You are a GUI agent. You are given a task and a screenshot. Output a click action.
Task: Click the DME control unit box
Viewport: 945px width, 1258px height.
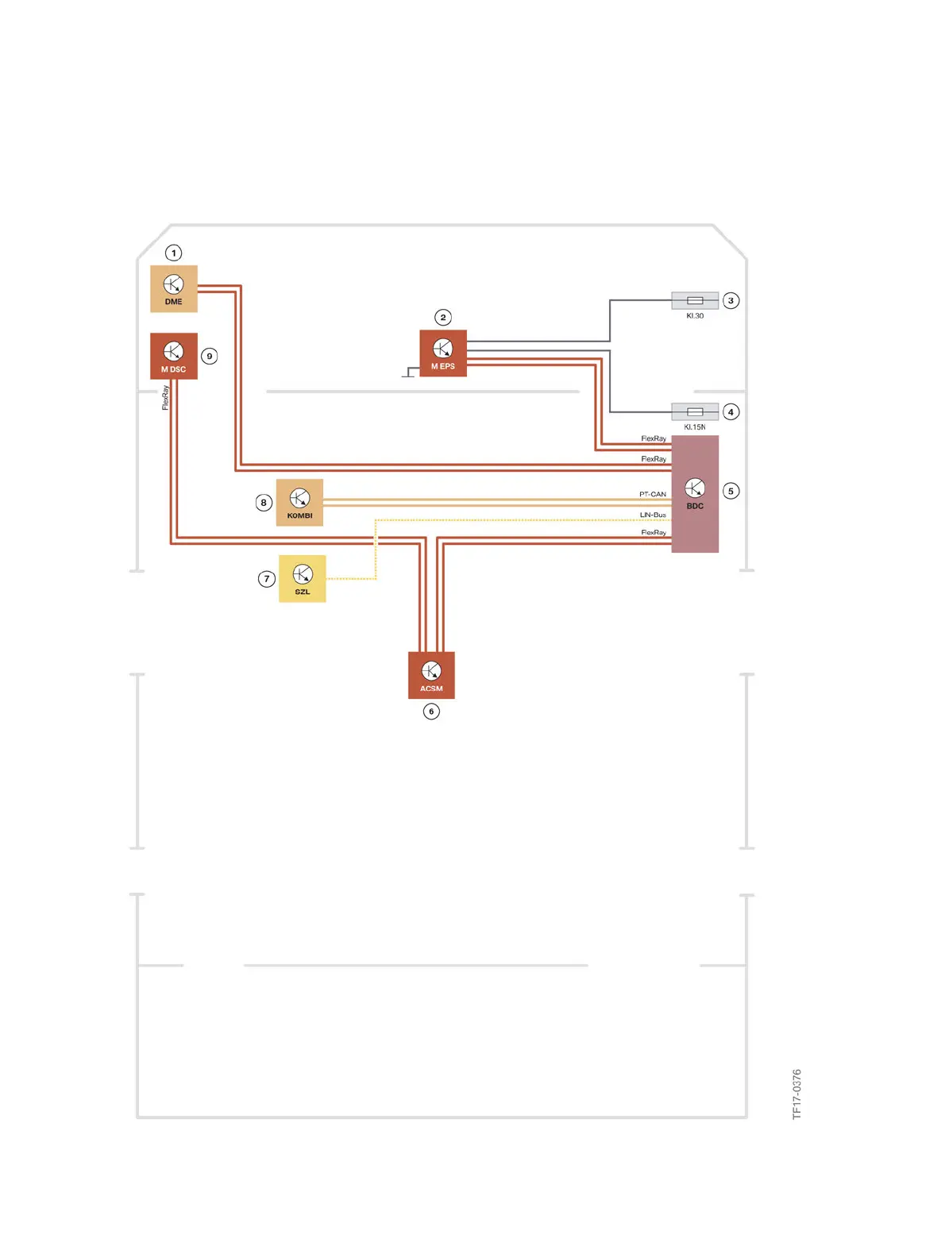click(x=173, y=288)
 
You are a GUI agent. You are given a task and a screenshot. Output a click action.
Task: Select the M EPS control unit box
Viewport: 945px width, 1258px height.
click(x=442, y=353)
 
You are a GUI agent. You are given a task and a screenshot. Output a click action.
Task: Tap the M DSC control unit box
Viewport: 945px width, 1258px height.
click(x=173, y=356)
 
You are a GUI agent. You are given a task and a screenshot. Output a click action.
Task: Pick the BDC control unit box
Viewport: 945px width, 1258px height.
click(x=695, y=493)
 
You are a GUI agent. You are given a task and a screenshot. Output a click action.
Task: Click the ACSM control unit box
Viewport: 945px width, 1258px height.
click(x=431, y=675)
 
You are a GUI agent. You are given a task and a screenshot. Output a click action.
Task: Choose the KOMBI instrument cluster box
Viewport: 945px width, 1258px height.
click(x=299, y=502)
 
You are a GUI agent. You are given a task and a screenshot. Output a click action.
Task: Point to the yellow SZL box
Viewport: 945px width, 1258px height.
click(x=302, y=578)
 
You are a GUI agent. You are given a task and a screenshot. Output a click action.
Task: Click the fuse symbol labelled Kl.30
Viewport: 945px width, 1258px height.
click(x=695, y=300)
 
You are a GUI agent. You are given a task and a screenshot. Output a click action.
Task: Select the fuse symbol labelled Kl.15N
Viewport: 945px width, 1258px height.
click(x=695, y=411)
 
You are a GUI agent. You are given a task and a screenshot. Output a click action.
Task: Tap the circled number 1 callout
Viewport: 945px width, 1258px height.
click(x=173, y=253)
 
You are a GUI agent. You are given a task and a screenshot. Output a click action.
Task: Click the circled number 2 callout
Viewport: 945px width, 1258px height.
click(x=443, y=317)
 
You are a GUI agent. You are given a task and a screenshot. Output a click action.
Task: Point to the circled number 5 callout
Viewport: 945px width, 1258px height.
click(x=731, y=491)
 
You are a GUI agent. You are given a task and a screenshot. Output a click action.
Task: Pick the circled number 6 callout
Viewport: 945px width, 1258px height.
click(x=431, y=711)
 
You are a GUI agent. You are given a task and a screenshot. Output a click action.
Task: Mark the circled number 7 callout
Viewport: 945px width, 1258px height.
click(x=266, y=579)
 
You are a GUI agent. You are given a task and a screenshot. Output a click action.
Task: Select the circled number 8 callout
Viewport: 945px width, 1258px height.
click(x=264, y=502)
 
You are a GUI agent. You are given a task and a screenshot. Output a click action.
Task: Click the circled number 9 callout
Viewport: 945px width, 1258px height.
click(x=210, y=356)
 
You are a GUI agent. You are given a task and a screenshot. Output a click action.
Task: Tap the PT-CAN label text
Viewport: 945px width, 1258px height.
click(x=653, y=494)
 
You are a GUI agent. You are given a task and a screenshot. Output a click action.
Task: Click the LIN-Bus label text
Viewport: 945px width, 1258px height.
click(x=653, y=515)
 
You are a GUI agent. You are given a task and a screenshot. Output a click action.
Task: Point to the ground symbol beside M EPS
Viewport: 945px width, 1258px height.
click(x=409, y=372)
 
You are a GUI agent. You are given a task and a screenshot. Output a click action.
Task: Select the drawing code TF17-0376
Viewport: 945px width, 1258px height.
click(x=796, y=1094)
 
